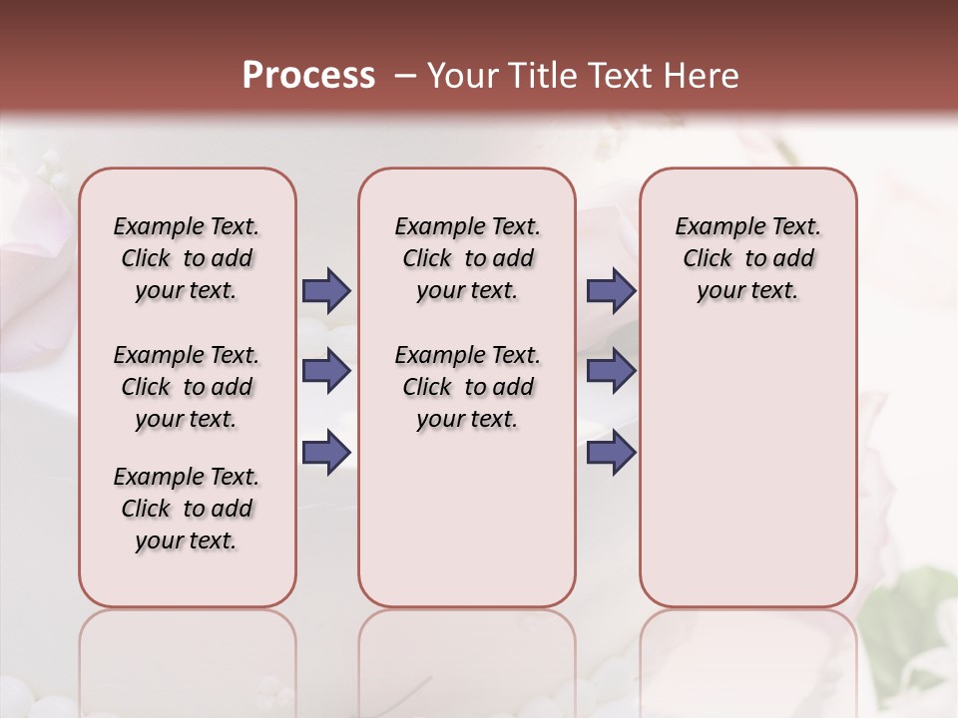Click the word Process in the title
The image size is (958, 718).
(308, 75)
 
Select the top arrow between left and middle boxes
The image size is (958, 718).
(326, 290)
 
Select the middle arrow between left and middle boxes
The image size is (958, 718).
(326, 371)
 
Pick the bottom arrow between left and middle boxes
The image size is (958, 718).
(326, 452)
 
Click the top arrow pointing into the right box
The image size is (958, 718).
(611, 290)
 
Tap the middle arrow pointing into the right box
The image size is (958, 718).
(611, 371)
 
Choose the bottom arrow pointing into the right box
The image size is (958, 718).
(611, 452)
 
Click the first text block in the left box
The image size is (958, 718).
(187, 258)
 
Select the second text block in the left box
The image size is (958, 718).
(187, 387)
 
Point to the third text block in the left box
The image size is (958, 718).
(187, 509)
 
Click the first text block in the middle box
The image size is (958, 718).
(467, 258)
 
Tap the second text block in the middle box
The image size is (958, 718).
(467, 387)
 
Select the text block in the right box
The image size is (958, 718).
(747, 258)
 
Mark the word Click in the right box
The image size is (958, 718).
(708, 259)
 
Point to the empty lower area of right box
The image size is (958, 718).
(747, 469)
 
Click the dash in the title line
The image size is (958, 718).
(405, 75)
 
